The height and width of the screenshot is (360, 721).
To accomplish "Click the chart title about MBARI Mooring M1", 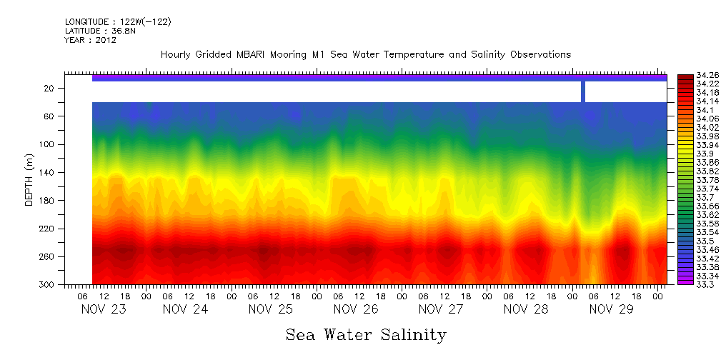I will (366, 55).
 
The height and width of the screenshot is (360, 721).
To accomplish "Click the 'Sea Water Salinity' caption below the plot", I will (366, 334).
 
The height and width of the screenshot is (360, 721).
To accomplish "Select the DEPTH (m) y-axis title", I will (29, 183).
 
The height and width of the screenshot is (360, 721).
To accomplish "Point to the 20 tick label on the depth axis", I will (49, 89).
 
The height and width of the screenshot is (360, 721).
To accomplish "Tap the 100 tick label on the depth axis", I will (47, 144).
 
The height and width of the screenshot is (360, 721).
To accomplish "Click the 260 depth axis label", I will (47, 257).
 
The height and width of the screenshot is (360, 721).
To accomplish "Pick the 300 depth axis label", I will (47, 285).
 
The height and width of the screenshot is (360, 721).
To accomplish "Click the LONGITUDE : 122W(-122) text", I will (118, 22).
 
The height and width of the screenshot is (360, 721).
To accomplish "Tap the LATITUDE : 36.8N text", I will (97, 31).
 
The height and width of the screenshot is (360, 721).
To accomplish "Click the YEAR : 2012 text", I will (90, 40).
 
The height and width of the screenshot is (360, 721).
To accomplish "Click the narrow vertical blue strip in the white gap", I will (583, 91).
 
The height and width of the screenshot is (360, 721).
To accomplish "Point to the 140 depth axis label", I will (47, 173).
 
